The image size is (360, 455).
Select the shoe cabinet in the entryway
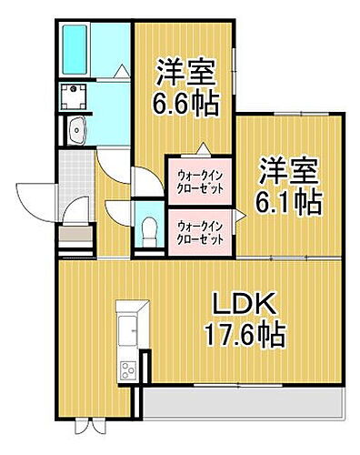coord(75,238)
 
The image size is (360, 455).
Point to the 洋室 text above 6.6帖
coord(186,69)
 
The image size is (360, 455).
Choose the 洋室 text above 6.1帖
coord(288,170)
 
